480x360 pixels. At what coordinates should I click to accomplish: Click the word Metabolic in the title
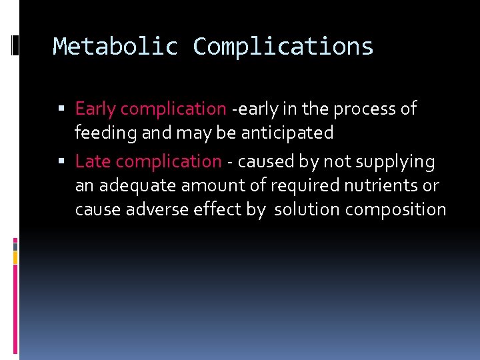pyautogui.click(x=115, y=47)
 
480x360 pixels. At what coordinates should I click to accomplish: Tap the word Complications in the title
pyautogui.click(x=283, y=47)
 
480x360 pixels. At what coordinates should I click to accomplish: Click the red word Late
pyautogui.click(x=93, y=161)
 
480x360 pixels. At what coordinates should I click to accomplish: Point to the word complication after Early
pyautogui.click(x=173, y=109)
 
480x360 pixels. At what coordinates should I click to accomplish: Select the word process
pyautogui.click(x=365, y=109)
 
